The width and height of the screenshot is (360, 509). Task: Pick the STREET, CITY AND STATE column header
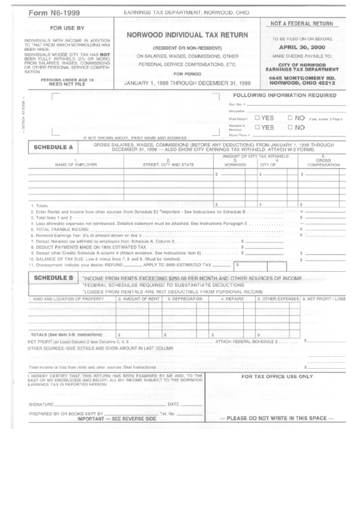[167, 165]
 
